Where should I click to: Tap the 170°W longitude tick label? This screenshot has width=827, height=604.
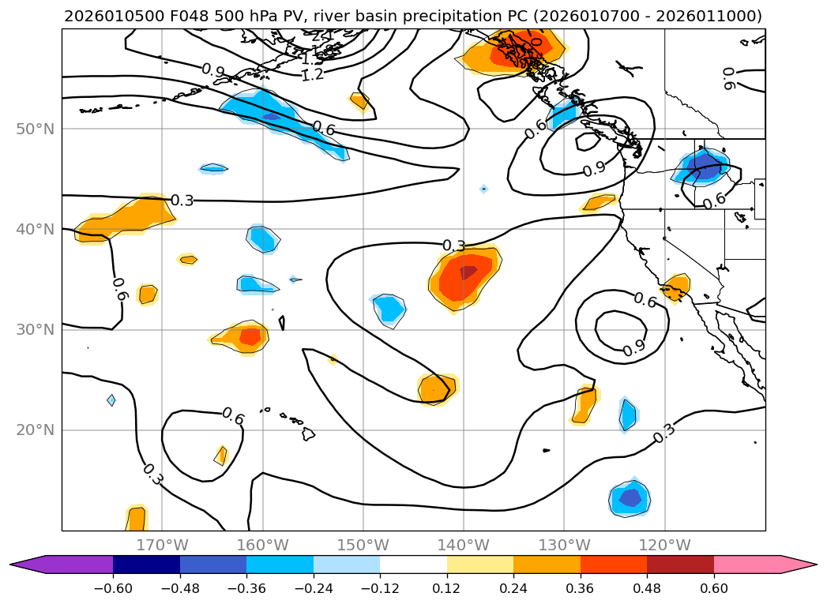click(x=162, y=545)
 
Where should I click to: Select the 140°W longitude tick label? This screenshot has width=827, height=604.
click(x=463, y=545)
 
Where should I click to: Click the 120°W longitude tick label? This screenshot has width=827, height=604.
click(x=664, y=545)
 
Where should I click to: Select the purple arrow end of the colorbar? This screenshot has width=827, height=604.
click(x=28, y=565)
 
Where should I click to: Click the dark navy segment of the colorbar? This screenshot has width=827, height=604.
click(x=146, y=565)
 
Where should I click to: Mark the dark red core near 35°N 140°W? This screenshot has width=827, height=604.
click(x=468, y=272)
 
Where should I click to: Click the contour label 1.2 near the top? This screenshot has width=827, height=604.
click(x=313, y=74)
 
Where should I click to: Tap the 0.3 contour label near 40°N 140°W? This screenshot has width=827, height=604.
click(x=453, y=246)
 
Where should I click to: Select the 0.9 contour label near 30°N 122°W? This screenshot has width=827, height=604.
click(x=634, y=347)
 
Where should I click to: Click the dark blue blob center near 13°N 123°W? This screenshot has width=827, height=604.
click(x=630, y=497)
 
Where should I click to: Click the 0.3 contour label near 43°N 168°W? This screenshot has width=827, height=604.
click(x=182, y=201)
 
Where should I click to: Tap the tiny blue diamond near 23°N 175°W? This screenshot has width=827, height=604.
click(x=111, y=400)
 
